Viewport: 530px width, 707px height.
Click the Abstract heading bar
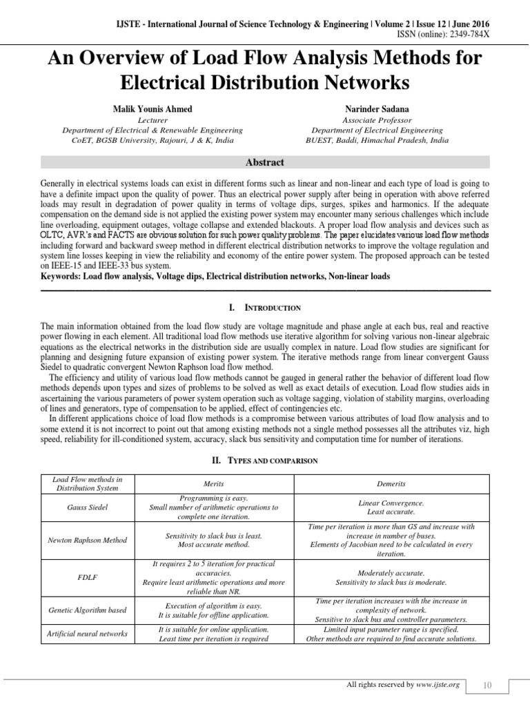tap(265, 162)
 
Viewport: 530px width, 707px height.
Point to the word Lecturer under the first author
tap(153, 119)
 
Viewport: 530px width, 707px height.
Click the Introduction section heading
tap(265, 307)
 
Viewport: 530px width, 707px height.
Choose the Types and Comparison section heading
tap(265, 460)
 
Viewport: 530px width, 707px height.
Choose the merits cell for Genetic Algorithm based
tap(218, 610)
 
